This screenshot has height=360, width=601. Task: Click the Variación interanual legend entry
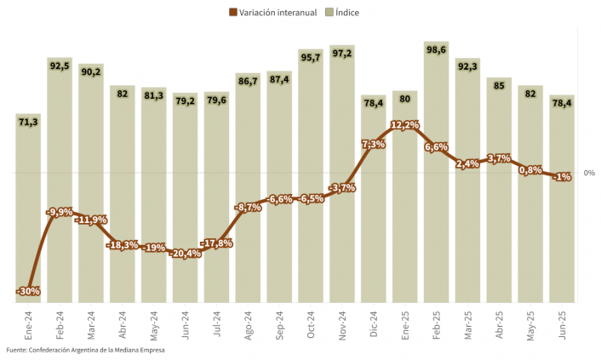272,12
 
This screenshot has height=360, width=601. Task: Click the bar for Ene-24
28,204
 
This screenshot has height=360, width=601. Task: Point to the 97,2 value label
342,53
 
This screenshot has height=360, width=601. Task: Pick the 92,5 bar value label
60,66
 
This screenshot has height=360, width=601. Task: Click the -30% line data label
28,291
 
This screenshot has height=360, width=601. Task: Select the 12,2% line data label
404,125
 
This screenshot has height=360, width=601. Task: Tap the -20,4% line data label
185,253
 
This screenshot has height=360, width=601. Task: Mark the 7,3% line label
374,145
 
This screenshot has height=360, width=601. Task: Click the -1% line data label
562,177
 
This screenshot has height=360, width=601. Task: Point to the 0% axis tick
589,173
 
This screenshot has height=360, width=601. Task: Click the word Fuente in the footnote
15,350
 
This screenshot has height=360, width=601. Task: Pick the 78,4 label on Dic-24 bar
374,103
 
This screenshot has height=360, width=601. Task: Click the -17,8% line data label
217,243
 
